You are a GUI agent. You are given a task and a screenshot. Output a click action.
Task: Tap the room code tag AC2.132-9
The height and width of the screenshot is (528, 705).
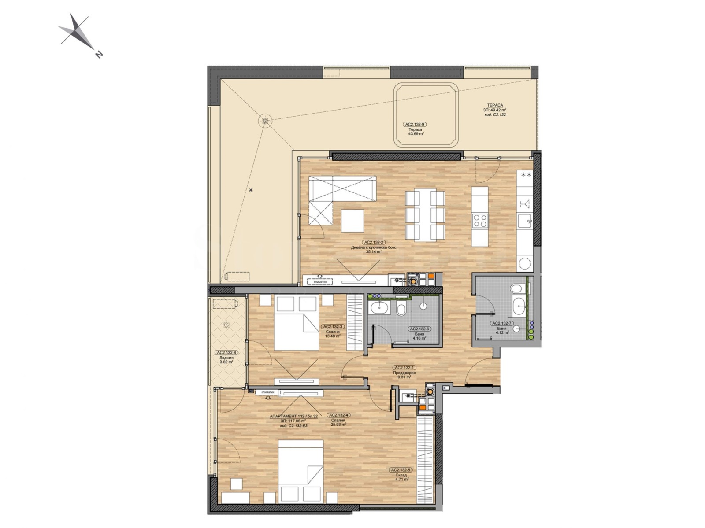coord(415,125)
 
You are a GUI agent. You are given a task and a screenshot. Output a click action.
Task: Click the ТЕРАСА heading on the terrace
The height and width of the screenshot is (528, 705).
coord(495,105)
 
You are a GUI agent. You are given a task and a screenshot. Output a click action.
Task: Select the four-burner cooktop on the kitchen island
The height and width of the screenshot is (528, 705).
coord(480,220)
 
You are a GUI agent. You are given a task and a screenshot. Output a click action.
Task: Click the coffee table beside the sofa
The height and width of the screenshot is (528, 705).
coord(352,221)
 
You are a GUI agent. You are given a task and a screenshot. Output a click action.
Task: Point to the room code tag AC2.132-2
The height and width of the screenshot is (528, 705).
coord(374,242)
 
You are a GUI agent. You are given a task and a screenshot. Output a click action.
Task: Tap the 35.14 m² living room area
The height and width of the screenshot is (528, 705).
coord(374,252)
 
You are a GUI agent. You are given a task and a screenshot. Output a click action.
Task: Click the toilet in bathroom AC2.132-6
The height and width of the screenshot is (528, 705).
coord(401,310)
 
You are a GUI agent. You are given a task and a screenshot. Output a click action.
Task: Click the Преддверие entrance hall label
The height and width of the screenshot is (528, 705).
coord(404,373)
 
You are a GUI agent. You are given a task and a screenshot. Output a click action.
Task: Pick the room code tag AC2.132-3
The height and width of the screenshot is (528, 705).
coord(332,327)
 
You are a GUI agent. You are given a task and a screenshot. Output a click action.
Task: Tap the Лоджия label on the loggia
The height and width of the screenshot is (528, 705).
coord(226,358)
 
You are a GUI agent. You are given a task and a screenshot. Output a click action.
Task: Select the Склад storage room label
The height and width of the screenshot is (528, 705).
coord(400,475)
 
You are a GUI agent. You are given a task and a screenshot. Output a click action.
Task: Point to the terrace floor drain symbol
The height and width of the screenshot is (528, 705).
coord(264,121)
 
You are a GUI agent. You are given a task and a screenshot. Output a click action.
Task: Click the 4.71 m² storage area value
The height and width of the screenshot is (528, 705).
coord(402,480)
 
